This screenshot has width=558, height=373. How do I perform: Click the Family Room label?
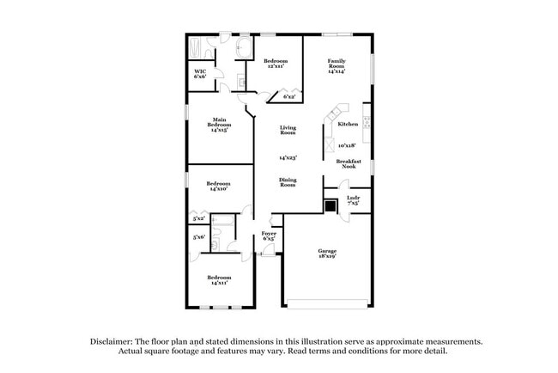[x=335, y=66]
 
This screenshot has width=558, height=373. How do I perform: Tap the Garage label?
[x=326, y=254]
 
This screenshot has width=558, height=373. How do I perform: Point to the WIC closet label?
[x=200, y=74]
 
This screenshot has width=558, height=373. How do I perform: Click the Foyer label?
[x=269, y=235]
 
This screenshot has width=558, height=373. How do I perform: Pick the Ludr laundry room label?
[x=353, y=201]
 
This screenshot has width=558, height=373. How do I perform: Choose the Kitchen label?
[x=348, y=125]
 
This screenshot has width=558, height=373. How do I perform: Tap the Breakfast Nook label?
[x=347, y=164]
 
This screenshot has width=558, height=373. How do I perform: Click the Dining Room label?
[x=288, y=182]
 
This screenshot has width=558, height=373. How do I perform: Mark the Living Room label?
[x=288, y=131]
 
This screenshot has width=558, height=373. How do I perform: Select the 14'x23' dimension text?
[x=288, y=158]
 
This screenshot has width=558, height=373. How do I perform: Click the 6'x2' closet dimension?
[x=290, y=97]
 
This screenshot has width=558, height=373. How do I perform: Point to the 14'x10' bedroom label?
[x=218, y=186]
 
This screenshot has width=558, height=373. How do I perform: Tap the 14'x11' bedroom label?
[x=218, y=280]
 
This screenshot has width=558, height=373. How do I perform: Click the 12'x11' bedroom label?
[x=276, y=63]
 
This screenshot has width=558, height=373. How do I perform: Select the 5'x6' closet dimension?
[x=200, y=237]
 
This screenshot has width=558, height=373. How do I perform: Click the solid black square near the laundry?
[x=331, y=205]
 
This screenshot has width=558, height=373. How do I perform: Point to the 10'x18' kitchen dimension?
[x=347, y=145]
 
